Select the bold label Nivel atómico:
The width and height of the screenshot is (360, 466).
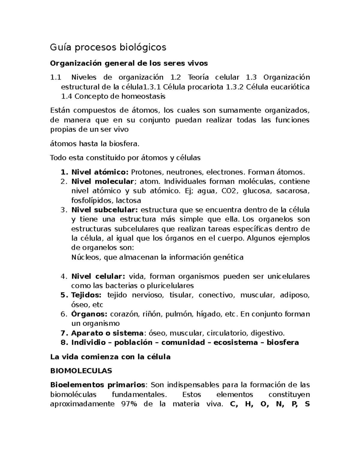click(x=100, y=172)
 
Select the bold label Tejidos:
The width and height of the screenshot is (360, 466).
click(x=86, y=295)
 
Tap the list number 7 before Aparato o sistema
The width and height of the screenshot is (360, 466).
click(x=63, y=333)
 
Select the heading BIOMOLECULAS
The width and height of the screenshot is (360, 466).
click(x=81, y=371)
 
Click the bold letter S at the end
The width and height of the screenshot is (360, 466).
click(x=307, y=404)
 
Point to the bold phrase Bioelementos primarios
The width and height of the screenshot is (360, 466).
click(x=97, y=385)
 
